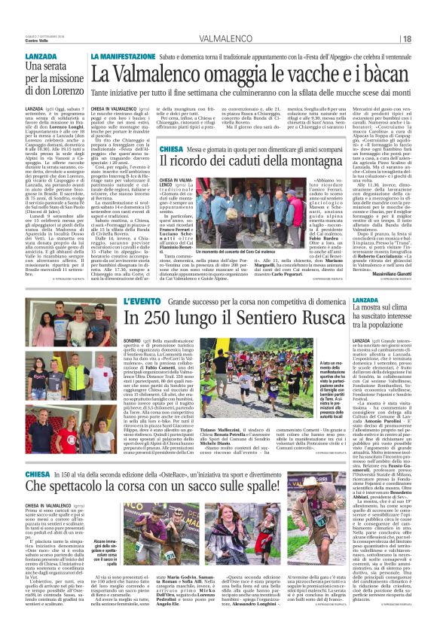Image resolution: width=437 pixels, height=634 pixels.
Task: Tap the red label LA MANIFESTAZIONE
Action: [121, 57]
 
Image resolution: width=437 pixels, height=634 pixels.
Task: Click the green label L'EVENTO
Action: [142, 301]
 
